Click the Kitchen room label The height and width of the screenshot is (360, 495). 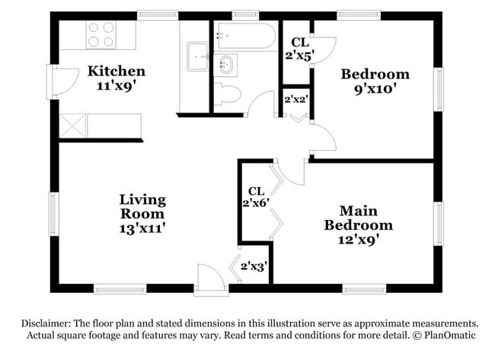(117, 71)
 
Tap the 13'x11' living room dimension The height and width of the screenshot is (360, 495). (142, 228)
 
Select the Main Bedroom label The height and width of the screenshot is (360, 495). (359, 218)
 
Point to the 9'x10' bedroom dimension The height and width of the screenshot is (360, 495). (375, 89)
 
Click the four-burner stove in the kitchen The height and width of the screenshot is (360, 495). (101, 35)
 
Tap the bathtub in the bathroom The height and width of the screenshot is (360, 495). (246, 36)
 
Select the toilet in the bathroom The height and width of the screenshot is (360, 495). (227, 94)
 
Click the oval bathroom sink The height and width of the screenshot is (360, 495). (226, 65)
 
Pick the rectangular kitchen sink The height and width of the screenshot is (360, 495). (198, 57)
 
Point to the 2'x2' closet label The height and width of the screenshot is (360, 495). (296, 100)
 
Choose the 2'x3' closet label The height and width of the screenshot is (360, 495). (254, 266)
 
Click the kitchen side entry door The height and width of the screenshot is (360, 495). (62, 82)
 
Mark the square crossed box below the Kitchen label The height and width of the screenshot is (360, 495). (72, 126)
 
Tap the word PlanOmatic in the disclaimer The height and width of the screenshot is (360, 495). (449, 335)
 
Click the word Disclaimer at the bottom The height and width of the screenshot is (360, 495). (46, 323)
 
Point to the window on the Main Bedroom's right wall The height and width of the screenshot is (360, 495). (439, 224)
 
